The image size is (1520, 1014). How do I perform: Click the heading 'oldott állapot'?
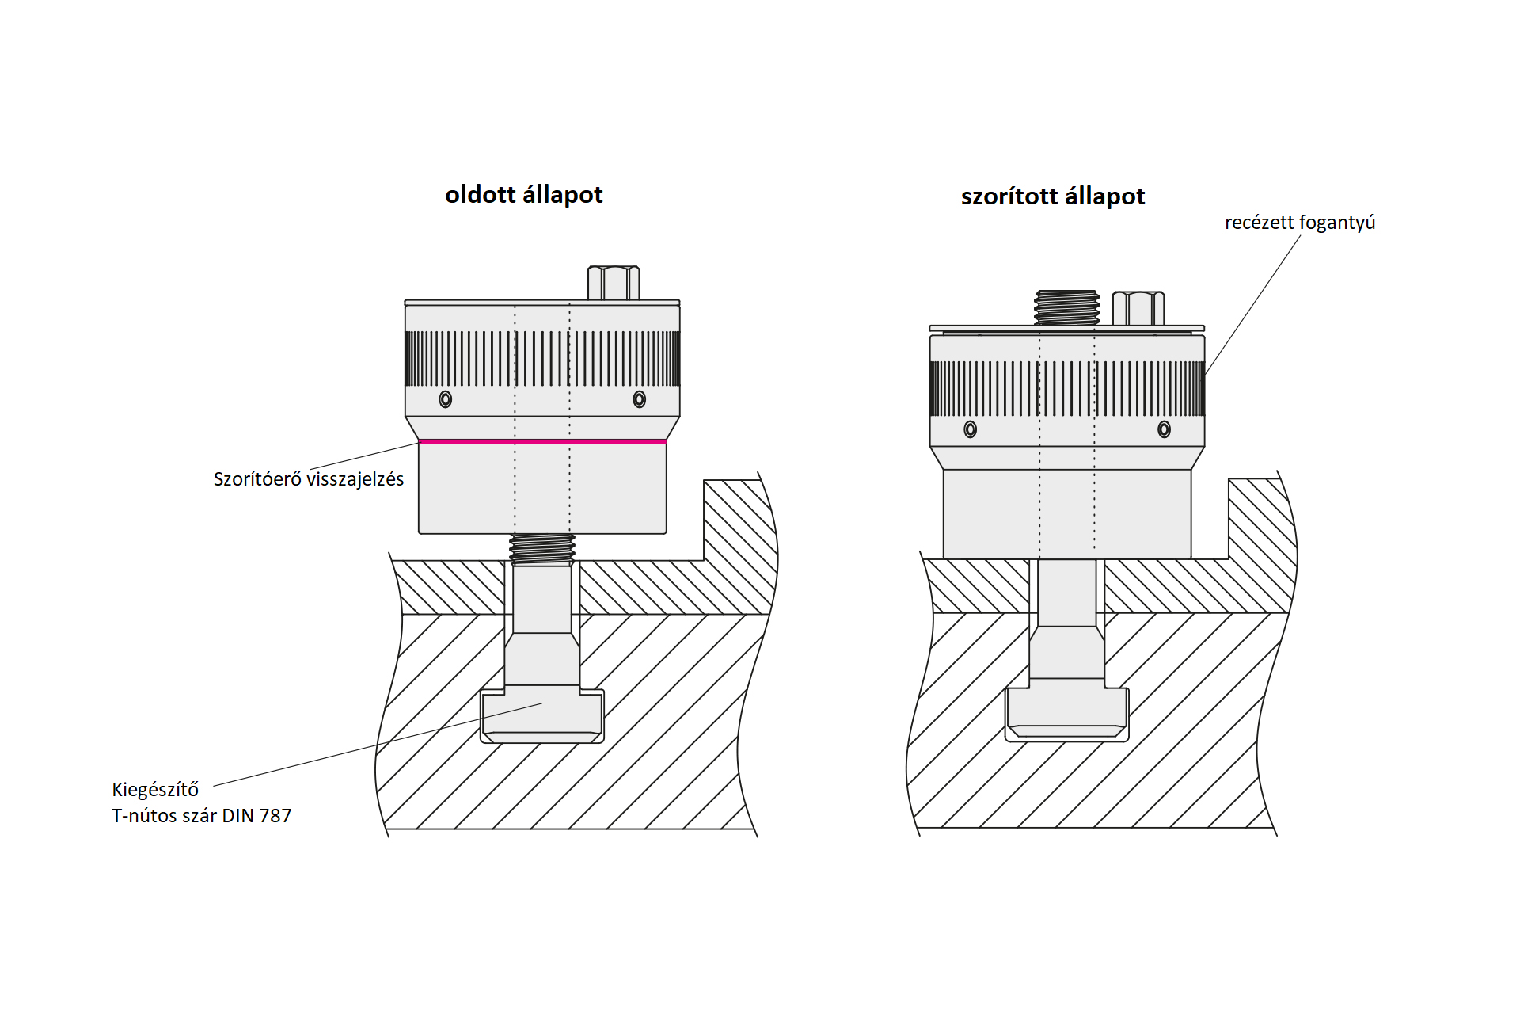pos(523,195)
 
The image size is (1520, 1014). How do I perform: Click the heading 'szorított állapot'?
pos(1053,196)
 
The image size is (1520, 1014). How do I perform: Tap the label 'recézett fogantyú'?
pos(1300,223)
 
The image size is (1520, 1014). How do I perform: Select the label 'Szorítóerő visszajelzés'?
pos(309,479)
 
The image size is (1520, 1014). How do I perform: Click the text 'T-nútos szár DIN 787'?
pos(201,816)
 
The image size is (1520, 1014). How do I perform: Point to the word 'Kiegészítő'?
pos(155,790)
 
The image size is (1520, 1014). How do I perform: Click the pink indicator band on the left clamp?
pos(542,441)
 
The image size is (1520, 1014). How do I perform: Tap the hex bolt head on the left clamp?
pos(614,283)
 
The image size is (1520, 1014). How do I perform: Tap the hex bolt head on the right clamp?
pos(1138,308)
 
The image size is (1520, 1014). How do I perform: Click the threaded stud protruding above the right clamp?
pos(1067,307)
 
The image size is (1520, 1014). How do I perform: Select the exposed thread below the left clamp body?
pos(542,548)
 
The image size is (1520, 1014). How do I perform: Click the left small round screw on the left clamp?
pos(446,399)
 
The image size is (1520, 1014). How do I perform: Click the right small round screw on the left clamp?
pos(640,399)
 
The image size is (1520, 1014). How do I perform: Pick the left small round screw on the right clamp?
pos(971,429)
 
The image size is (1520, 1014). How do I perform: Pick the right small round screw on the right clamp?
pos(1164,429)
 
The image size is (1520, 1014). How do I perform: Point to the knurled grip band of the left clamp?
pos(542,358)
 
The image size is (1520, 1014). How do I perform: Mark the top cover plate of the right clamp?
pos(1067,328)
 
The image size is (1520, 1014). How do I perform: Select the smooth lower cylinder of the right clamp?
pos(1067,514)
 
